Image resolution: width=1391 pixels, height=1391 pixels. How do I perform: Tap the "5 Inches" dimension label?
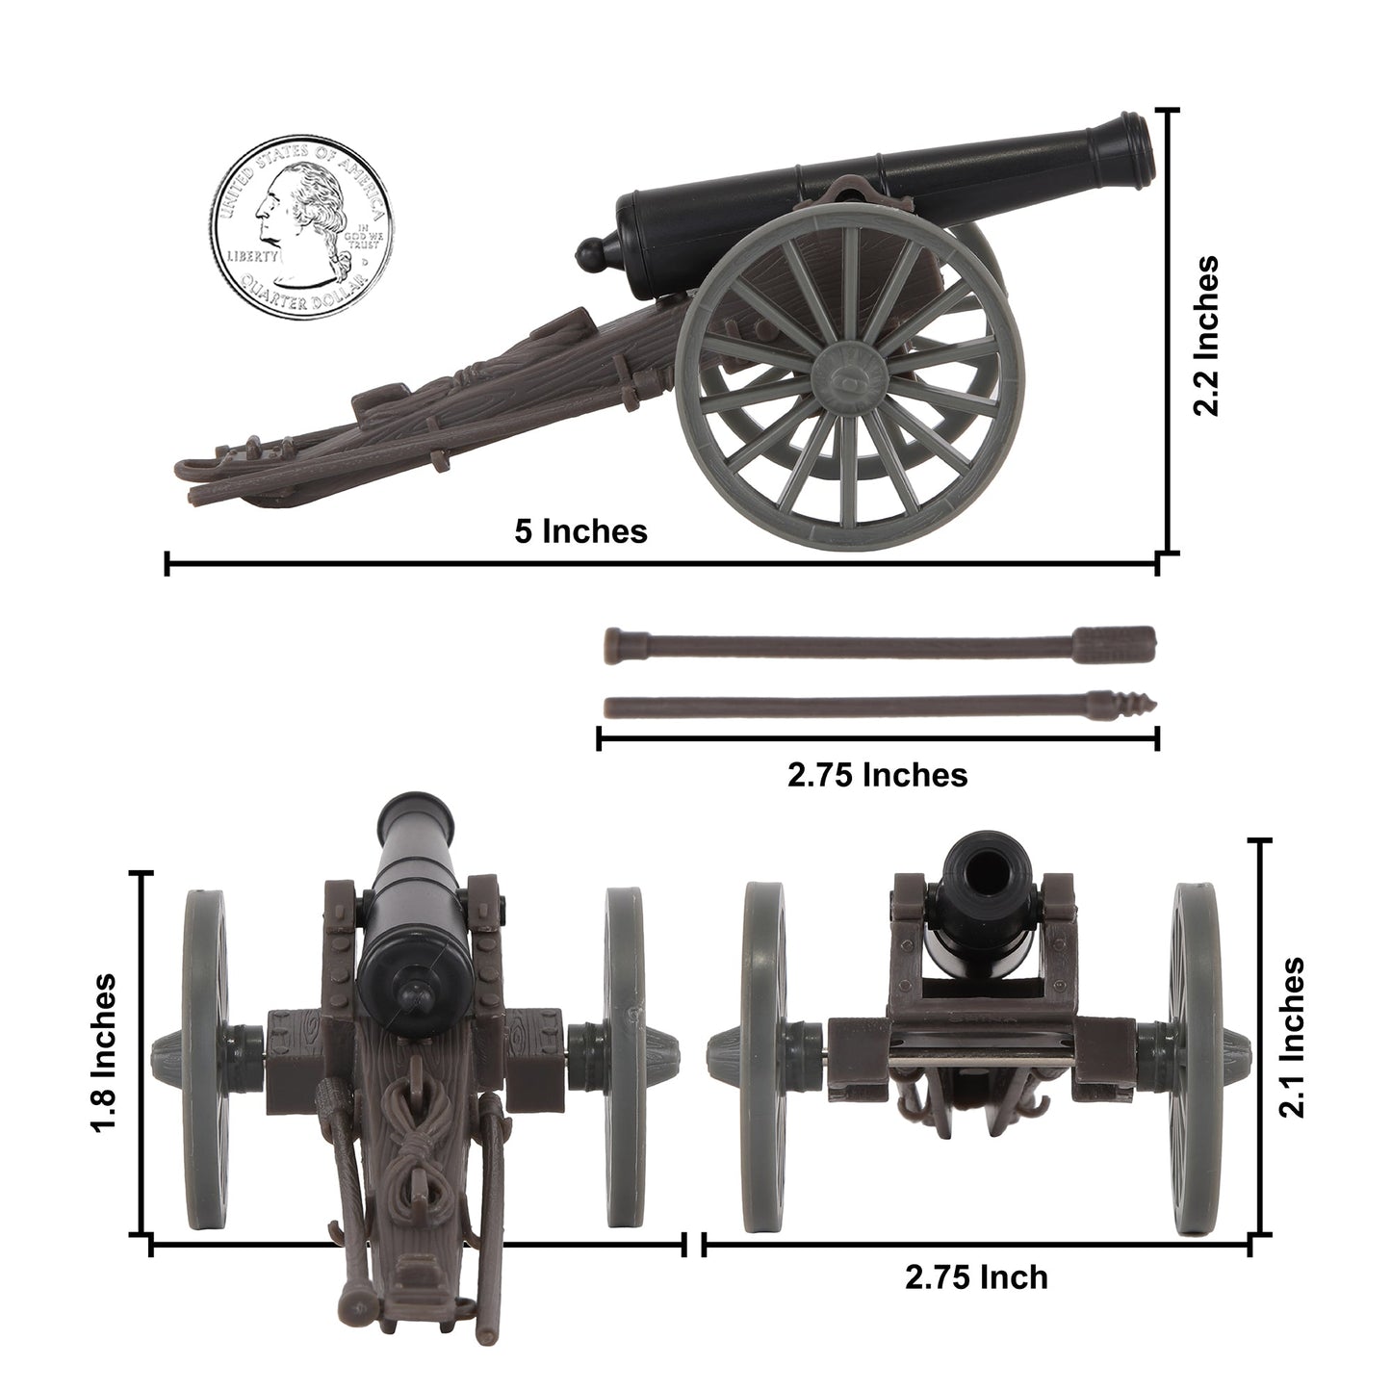tap(580, 530)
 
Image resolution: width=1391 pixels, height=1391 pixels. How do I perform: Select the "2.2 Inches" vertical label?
tap(1205, 335)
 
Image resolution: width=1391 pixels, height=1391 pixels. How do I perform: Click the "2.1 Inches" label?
tap(1292, 1037)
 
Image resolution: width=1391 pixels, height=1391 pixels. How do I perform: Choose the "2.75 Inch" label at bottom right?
tap(975, 1277)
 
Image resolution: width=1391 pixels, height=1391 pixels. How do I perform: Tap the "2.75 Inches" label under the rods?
tap(877, 774)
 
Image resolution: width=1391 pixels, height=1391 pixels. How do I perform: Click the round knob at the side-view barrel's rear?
tap(588, 254)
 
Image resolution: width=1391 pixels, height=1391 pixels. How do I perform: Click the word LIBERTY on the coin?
tap(252, 257)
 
